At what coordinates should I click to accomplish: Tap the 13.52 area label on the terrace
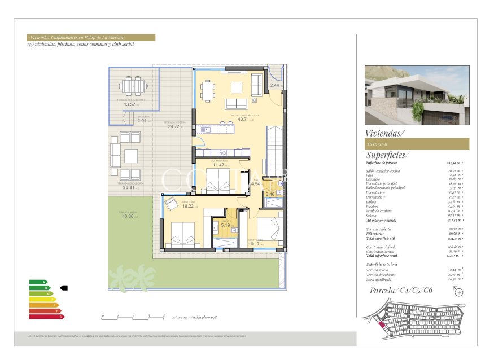click(x=129, y=104)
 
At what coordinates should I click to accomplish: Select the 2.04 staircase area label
click(x=142, y=121)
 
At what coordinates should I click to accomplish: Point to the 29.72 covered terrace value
click(x=173, y=126)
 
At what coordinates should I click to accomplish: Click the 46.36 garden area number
click(x=127, y=216)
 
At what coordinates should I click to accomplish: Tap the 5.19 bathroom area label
click(x=225, y=226)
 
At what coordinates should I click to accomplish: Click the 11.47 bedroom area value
click(x=218, y=165)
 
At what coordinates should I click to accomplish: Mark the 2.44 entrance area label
click(x=274, y=85)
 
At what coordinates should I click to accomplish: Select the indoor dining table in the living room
click(x=208, y=89)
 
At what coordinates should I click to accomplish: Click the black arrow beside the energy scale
click(x=63, y=287)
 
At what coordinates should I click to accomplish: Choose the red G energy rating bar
click(x=47, y=317)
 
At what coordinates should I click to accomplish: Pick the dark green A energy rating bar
click(x=38, y=282)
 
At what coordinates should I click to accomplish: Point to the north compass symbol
click(x=457, y=291)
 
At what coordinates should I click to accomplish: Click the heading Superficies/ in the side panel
click(x=388, y=155)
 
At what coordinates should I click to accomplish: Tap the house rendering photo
click(x=417, y=95)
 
